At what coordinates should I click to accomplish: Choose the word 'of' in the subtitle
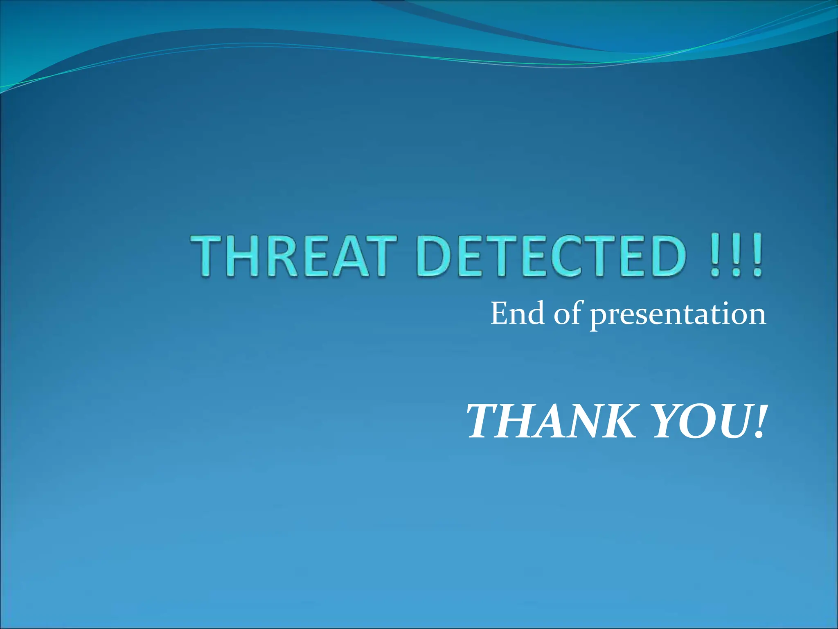click(567, 314)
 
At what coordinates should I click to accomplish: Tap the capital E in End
click(499, 314)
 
